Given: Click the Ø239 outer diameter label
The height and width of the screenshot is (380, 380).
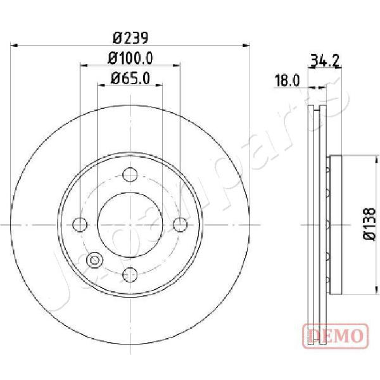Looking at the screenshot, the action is coord(130,38).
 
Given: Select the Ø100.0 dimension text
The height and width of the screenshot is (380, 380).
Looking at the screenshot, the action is coord(130,58).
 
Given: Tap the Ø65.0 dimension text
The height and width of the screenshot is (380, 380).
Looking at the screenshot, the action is coord(130,79).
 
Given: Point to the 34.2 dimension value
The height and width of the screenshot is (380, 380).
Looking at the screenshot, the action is coord(325,61).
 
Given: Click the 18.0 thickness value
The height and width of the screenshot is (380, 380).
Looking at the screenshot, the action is coord(287,80).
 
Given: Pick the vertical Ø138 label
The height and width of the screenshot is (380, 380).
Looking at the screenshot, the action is coord(369,224).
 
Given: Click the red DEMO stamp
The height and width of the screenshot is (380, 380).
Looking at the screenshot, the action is coord(336,336).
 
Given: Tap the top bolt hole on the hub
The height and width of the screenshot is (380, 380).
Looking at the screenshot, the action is coord(130,175).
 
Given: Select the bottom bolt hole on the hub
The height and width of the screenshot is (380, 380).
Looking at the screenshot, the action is coord(130,275).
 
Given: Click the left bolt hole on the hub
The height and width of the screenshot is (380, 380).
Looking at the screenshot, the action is coord(80,225).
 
